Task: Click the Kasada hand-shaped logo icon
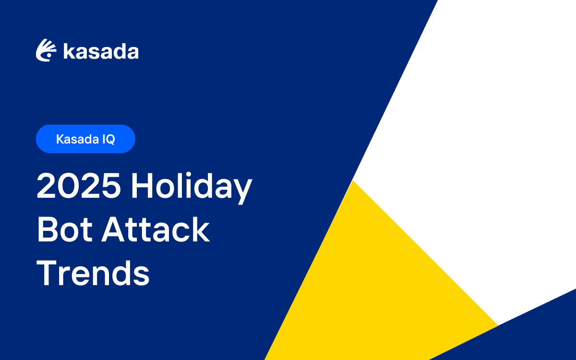(x=46, y=50)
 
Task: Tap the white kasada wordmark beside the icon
(x=101, y=51)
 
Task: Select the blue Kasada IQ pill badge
(x=85, y=139)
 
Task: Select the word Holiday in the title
(x=192, y=187)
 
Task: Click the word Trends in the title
(x=93, y=273)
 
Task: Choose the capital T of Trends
(x=47, y=273)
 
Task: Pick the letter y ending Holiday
(x=243, y=190)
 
